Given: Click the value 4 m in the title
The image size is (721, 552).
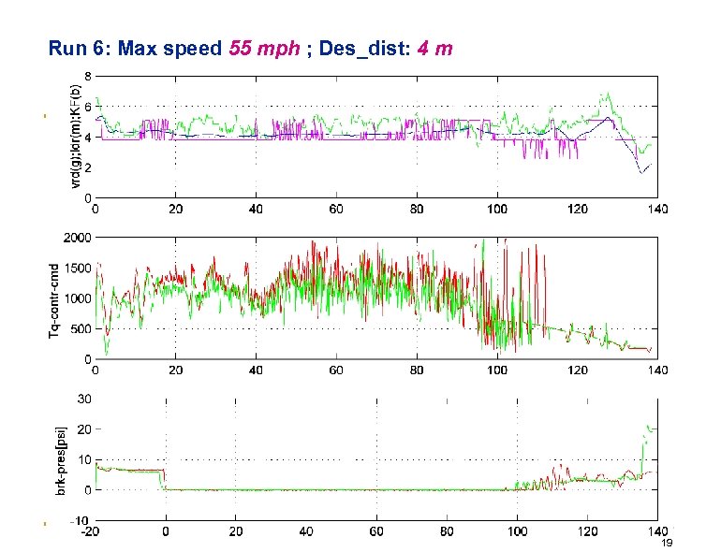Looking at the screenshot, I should pyautogui.click(x=435, y=48).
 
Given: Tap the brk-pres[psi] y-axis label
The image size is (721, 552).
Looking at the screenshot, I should pyautogui.click(x=54, y=458).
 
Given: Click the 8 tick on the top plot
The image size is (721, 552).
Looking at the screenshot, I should pyautogui.click(x=88, y=76).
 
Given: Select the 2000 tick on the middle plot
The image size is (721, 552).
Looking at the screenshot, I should pyautogui.click(x=79, y=237).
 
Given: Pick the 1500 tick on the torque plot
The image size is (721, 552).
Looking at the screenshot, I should pyautogui.click(x=79, y=268).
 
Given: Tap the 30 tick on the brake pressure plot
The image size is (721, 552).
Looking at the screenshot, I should pyautogui.click(x=84, y=399).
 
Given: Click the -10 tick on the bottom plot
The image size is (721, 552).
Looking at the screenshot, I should pyautogui.click(x=82, y=520).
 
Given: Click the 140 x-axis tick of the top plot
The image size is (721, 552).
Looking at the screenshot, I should pyautogui.click(x=656, y=210).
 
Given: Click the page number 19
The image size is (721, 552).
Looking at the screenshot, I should pyautogui.click(x=667, y=544).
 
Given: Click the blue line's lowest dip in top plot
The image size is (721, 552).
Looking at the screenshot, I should pyautogui.click(x=642, y=173).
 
